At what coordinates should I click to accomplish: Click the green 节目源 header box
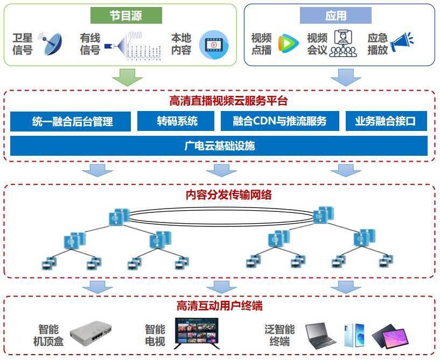tap(126, 16)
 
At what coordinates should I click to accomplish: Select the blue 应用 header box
tap(335, 16)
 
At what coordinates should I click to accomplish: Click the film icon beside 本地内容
tap(214, 45)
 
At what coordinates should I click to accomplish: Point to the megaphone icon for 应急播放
tap(402, 43)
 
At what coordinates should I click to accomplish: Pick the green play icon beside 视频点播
tap(288, 44)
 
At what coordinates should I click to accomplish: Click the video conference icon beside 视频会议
tap(343, 44)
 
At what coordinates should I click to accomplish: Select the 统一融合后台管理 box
tap(71, 121)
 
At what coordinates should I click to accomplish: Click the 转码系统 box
tap(177, 121)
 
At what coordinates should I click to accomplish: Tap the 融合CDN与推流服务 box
tap(280, 121)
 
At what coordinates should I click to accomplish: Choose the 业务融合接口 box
tap(386, 121)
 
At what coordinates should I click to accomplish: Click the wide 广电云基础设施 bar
tap(219, 146)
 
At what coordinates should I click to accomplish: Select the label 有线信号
tap(90, 44)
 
